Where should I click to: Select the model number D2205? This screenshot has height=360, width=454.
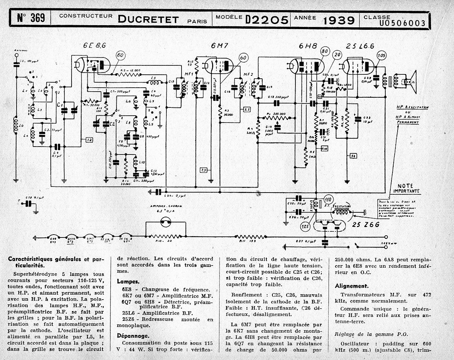[267, 20]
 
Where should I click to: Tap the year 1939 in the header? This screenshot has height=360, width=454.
[338, 20]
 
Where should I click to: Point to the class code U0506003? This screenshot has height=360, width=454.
[402, 23]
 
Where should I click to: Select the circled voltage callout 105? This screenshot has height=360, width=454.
[381, 55]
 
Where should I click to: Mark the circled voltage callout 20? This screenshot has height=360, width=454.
[336, 54]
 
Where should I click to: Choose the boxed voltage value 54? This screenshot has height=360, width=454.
[353, 156]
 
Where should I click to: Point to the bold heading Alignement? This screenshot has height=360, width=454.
[351, 286]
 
